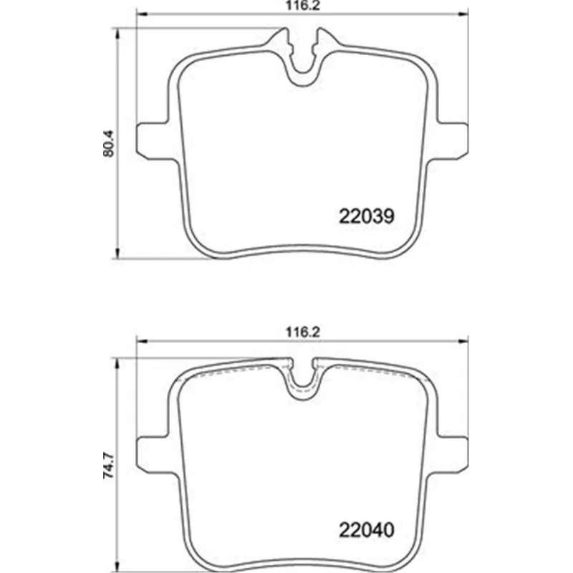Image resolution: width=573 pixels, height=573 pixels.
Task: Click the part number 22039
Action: [367, 216]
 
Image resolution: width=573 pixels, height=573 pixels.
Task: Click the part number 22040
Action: [367, 529]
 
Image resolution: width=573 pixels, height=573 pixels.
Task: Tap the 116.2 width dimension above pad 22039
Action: [302, 6]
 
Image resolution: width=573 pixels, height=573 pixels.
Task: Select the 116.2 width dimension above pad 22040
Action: [302, 332]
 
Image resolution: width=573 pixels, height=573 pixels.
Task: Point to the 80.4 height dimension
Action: [109, 144]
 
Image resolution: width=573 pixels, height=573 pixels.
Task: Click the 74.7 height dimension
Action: [109, 466]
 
